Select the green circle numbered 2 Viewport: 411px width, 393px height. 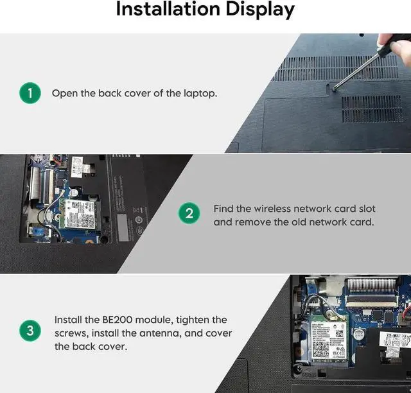pyautogui.click(x=189, y=213)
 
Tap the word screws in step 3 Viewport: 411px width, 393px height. pyautogui.click(x=71, y=333)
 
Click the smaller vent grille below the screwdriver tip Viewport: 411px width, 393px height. pyautogui.click(x=372, y=109)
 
